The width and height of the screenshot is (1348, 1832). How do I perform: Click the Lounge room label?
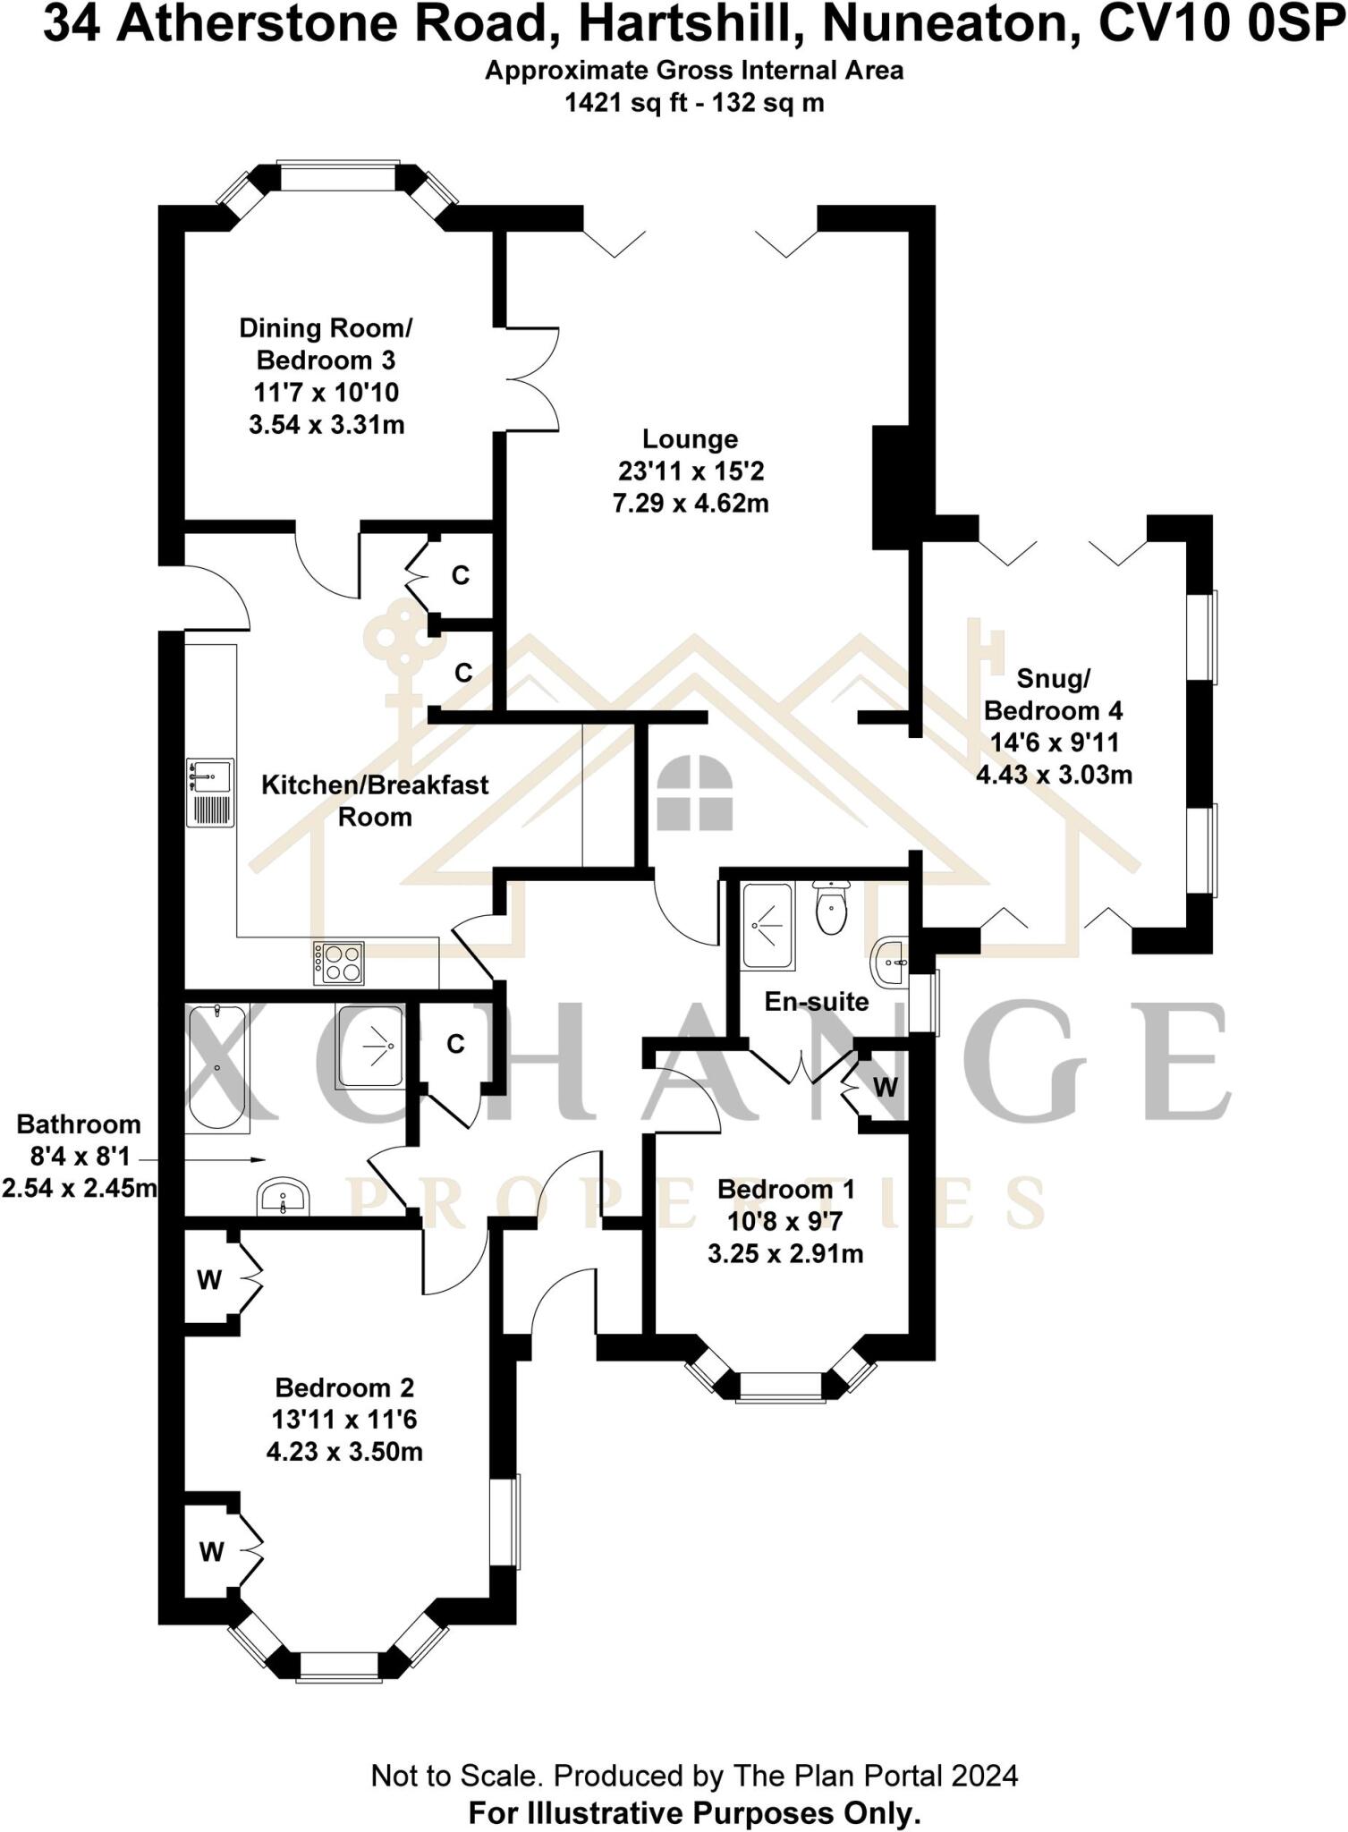pyautogui.click(x=690, y=439)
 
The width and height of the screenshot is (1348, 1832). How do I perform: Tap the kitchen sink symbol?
pyautogui.click(x=210, y=793)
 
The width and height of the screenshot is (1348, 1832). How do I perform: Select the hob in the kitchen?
pyautogui.click(x=339, y=963)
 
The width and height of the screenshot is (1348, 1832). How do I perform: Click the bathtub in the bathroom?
pyautogui.click(x=216, y=1069)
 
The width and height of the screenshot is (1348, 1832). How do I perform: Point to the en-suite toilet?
pyautogui.click(x=832, y=909)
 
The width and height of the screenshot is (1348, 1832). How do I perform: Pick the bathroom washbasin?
pyautogui.click(x=284, y=1196)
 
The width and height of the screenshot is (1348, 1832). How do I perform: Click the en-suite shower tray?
pyautogui.click(x=767, y=927)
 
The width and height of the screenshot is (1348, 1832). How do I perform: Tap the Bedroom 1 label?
pyautogui.click(x=785, y=1189)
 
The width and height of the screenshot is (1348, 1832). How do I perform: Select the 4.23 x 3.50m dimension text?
pyautogui.click(x=344, y=1451)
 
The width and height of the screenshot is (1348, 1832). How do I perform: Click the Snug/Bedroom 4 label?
pyautogui.click(x=1053, y=695)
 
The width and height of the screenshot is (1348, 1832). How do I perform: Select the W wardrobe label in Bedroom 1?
pyautogui.click(x=885, y=1087)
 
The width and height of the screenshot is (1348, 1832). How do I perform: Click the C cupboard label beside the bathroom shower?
pyautogui.click(x=455, y=1044)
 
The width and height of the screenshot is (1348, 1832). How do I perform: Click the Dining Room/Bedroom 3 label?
pyautogui.click(x=326, y=344)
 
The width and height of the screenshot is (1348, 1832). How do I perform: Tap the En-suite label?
pyautogui.click(x=816, y=1001)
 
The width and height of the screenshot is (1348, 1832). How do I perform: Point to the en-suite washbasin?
pyautogui.click(x=891, y=963)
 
